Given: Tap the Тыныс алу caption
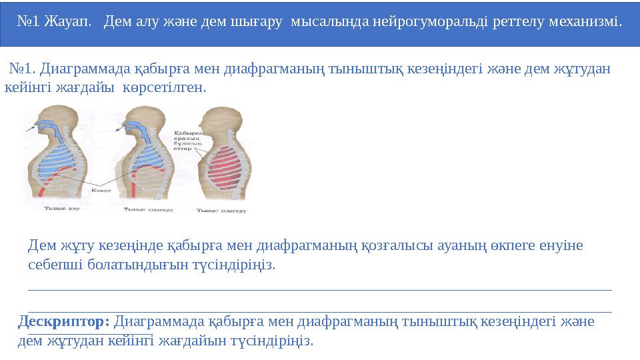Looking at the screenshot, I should coord(61,209).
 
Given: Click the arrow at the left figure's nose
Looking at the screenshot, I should coord(30,127).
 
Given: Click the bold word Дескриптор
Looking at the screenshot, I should coord(63,321).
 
